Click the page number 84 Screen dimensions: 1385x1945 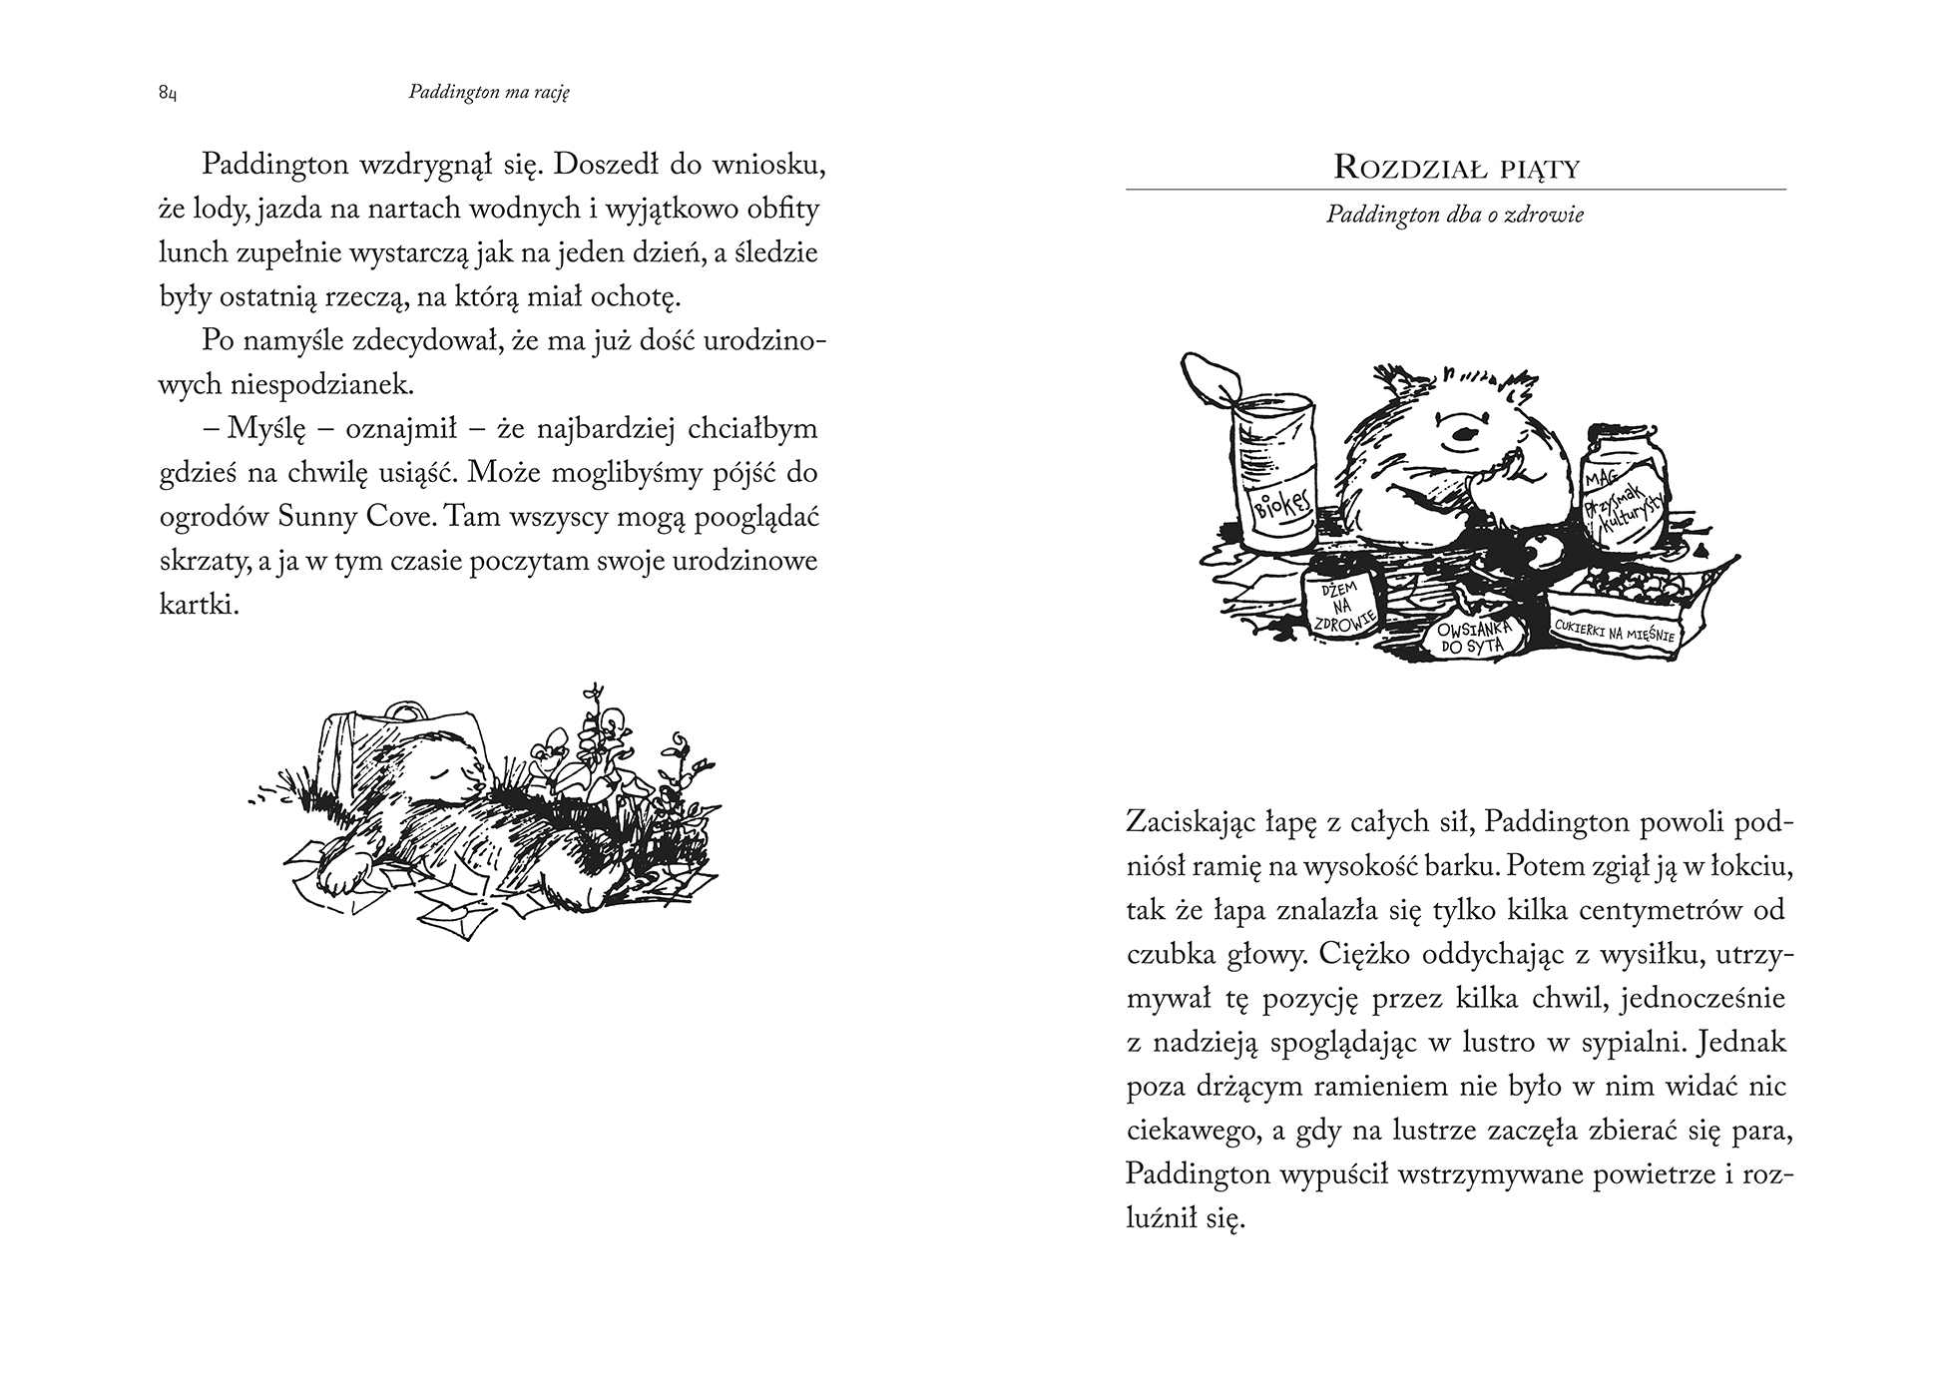pyautogui.click(x=167, y=94)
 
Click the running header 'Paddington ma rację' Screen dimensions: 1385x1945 pyautogui.click(x=488, y=93)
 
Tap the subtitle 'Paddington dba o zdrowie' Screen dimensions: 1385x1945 pyautogui.click(x=1455, y=215)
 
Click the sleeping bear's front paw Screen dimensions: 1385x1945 pyautogui.click(x=336, y=877)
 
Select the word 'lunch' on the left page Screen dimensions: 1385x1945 pyautogui.click(x=194, y=253)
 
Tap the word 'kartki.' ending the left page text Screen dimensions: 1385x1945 pyautogui.click(x=199, y=605)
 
